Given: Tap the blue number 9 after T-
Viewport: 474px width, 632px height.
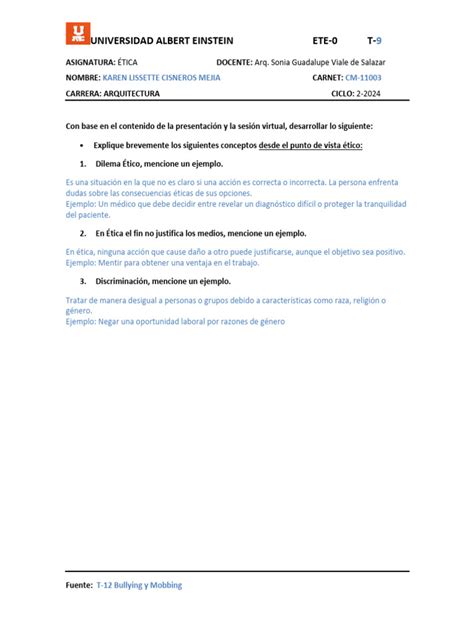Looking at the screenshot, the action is (378, 41).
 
